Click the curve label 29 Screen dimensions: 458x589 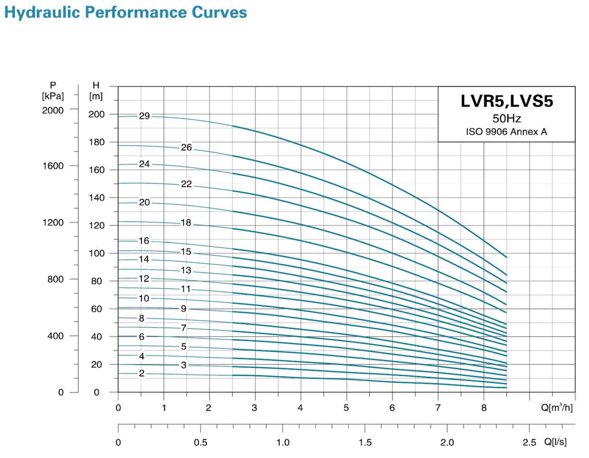pos(144,116)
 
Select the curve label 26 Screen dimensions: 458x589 pos(186,148)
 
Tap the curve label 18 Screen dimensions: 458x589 pos(186,223)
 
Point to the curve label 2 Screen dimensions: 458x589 pos(142,373)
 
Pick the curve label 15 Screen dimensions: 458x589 pos(186,252)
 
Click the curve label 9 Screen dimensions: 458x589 pos(184,309)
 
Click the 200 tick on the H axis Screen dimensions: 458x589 pos(96,114)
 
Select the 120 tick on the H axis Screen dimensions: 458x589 pos(96,226)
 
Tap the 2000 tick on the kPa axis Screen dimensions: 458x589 pos(53,110)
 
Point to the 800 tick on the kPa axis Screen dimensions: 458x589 pos(55,279)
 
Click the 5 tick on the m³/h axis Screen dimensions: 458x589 pos(346,408)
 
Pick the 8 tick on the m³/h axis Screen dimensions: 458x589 pos(484,408)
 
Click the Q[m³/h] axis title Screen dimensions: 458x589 pos(557,408)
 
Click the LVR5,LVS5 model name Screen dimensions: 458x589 pos(507,101)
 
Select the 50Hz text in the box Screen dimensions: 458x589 pos(507,119)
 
